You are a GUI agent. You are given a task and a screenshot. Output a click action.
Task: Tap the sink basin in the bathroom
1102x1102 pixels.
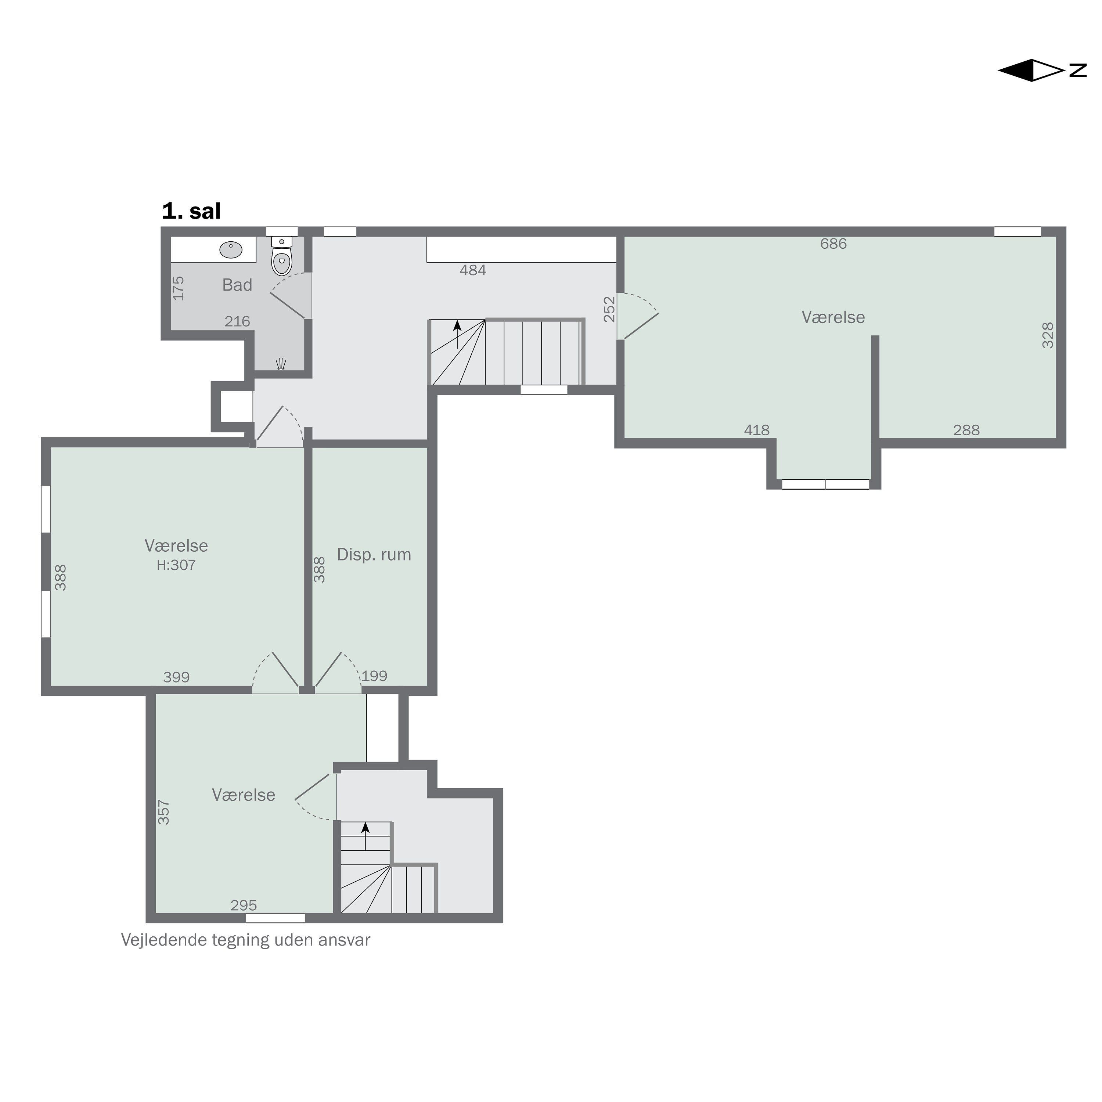point(231,249)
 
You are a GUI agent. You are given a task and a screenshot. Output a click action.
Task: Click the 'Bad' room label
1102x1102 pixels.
point(237,285)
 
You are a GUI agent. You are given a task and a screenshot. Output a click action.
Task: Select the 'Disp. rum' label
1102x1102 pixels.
point(374,554)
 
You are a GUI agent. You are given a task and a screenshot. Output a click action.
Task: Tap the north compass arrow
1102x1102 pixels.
point(1041,70)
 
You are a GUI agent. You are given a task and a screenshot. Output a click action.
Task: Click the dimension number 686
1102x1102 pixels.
point(833,244)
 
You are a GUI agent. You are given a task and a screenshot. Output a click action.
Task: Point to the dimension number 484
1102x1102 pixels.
point(473,270)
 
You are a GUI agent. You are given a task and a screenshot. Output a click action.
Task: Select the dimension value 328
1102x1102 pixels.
point(1048,335)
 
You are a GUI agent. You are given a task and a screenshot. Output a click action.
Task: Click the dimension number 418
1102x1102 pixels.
point(757,430)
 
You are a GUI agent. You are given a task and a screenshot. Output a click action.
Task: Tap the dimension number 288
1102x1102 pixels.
point(966,430)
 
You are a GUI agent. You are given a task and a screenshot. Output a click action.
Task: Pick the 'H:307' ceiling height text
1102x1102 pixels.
point(176,565)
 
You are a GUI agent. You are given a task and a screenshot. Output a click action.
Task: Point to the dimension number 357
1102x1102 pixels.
point(164,812)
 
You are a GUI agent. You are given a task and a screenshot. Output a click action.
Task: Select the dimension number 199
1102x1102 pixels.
point(375,676)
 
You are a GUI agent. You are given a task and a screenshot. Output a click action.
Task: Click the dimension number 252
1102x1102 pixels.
point(610,309)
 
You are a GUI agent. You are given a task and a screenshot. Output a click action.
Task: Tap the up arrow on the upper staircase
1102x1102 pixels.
point(457,334)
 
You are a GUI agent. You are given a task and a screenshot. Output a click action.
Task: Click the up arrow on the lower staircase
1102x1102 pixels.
point(365,836)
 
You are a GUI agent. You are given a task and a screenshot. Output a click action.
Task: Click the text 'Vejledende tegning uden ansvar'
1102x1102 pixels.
point(246,940)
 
